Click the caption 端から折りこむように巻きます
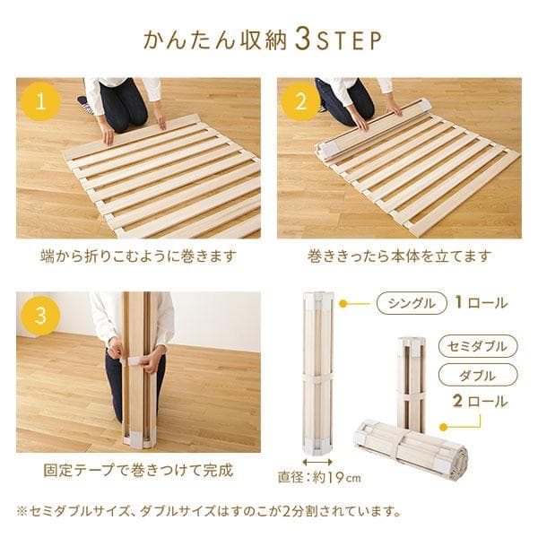pyautogui.click(x=139, y=256)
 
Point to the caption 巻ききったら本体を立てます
pyautogui.click(x=399, y=256)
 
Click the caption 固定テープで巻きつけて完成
pyautogui.click(x=137, y=469)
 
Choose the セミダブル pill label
pyautogui.click(x=478, y=346)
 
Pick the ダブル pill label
pyautogui.click(x=478, y=374)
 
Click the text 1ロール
pyautogui.click(x=481, y=303)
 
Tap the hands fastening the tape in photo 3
pyautogui.click(x=134, y=356)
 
